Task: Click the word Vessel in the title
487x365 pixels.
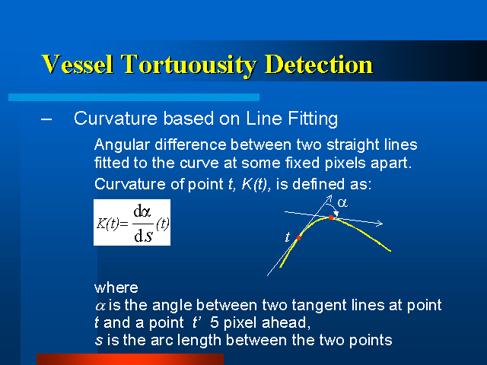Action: (77, 64)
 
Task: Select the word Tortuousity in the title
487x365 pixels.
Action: (189, 65)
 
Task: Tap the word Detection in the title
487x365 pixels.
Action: (319, 64)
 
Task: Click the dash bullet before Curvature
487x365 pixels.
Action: (46, 119)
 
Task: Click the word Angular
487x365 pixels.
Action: (122, 145)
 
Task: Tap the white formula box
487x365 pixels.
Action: (132, 222)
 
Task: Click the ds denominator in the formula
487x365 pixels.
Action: (143, 236)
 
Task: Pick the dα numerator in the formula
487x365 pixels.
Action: (142, 211)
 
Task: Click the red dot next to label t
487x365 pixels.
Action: (298, 238)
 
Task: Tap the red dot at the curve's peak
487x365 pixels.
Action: (331, 217)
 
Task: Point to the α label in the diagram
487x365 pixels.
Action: (342, 203)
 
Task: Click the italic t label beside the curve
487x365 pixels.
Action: (288, 237)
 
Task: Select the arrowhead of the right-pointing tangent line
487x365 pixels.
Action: (379, 223)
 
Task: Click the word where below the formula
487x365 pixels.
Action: (116, 287)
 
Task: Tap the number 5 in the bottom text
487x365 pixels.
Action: (215, 322)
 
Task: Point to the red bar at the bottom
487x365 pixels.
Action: (130, 360)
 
